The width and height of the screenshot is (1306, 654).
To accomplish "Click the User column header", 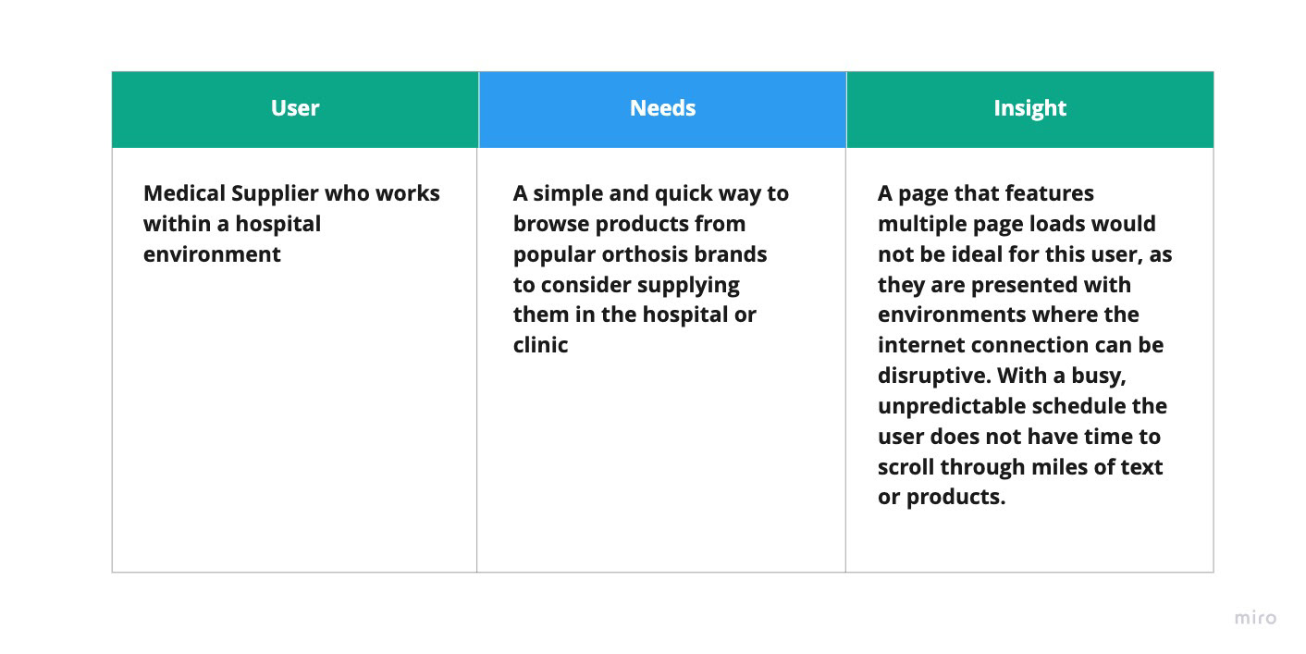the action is [295, 108].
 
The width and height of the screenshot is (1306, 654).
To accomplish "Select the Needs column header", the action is [663, 108].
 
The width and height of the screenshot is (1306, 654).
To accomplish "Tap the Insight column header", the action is [1030, 109].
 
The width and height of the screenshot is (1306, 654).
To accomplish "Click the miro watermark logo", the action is [1255, 617].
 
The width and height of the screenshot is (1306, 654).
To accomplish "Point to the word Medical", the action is [184, 193].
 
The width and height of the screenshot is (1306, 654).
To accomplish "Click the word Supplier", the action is [274, 194].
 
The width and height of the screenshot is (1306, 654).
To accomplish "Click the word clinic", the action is [540, 345].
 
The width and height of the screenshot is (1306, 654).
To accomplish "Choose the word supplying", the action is [688, 286].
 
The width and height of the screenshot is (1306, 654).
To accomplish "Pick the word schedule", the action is [1087, 406].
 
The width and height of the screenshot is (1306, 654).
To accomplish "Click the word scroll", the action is [906, 467].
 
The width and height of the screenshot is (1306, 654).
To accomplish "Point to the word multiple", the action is [918, 225].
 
